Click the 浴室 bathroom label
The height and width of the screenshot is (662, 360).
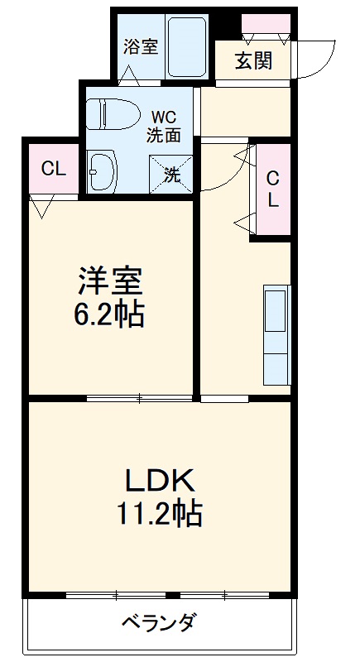pyautogui.click(x=141, y=47)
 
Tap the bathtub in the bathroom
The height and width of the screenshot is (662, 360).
pyautogui.click(x=187, y=46)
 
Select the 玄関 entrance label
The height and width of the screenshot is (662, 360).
pyautogui.click(x=253, y=60)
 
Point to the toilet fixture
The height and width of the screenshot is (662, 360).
pyautogui.click(x=113, y=113)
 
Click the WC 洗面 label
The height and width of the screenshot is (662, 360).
pyautogui.click(x=164, y=127)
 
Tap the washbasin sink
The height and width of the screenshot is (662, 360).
pyautogui.click(x=103, y=171)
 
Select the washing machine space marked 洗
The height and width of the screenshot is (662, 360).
pyautogui.click(x=171, y=175)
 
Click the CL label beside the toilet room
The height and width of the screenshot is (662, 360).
pyautogui.click(x=54, y=170)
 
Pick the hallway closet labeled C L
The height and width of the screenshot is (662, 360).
pyautogui.click(x=273, y=189)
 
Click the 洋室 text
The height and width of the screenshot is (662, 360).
pyautogui.click(x=110, y=281)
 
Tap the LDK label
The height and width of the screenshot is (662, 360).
pyautogui.click(x=160, y=481)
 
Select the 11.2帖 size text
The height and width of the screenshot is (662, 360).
pyautogui.click(x=160, y=512)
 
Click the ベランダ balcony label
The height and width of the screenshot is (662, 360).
pyautogui.click(x=159, y=623)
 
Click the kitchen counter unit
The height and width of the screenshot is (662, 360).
pyautogui.click(x=277, y=335)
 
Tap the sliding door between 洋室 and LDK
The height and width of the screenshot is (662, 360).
pyautogui.click(x=140, y=397)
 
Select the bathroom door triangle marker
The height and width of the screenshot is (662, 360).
pyautogui.click(x=129, y=76)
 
